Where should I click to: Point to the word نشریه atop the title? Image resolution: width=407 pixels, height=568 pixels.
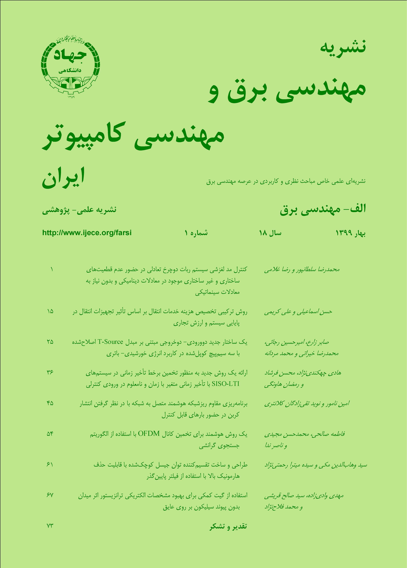tap(343, 46)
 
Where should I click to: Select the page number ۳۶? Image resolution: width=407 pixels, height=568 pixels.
tap(50, 372)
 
